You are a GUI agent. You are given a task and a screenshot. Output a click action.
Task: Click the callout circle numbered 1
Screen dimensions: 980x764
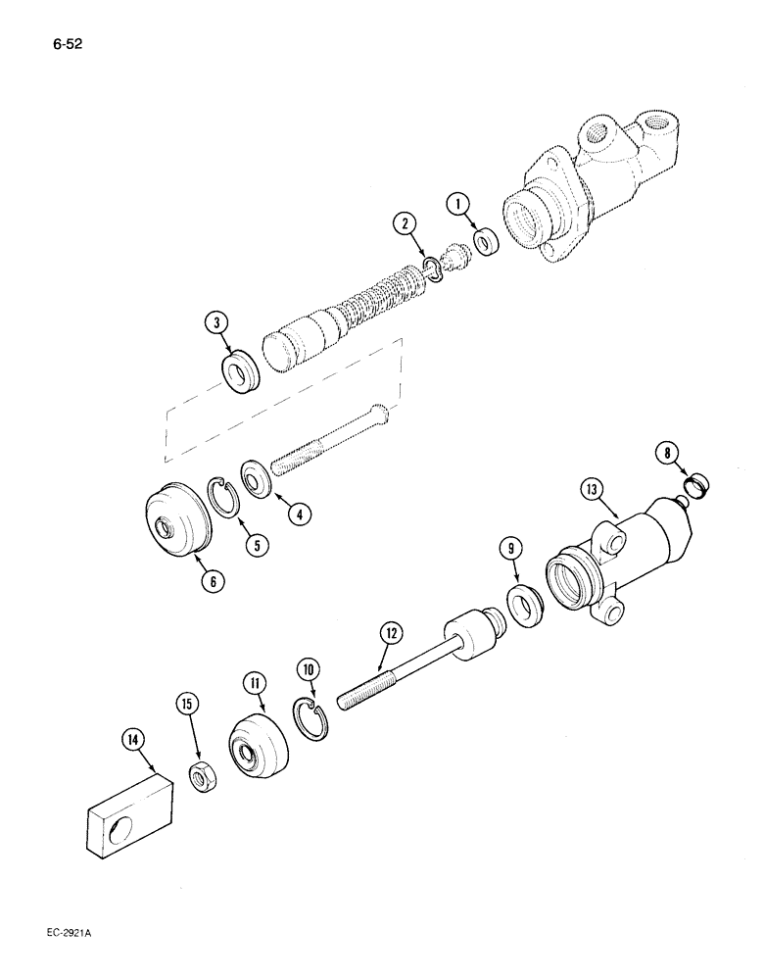coord(458,206)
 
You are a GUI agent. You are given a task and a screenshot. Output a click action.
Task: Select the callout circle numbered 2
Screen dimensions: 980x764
coord(404,224)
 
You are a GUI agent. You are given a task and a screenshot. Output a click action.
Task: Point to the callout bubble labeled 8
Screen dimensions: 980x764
coord(667,453)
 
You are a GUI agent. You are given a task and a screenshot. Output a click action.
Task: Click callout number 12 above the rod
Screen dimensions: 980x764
coord(391,633)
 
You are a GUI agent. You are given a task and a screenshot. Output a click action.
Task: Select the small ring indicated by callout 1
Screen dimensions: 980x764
coord(483,240)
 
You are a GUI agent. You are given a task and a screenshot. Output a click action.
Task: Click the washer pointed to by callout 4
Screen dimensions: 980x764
coord(259,481)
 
